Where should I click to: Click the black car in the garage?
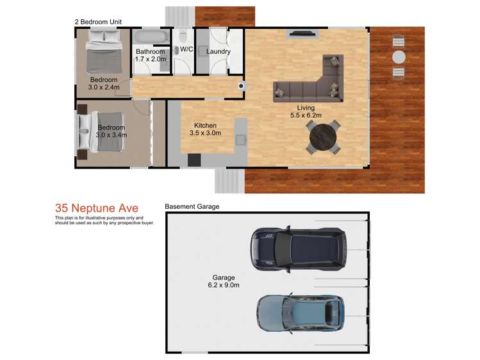pos(299,248)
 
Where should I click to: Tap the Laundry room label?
pos(218,51)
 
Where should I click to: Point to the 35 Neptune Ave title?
pos(96,208)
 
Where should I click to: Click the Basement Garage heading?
pos(192,207)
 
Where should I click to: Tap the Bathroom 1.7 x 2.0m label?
pos(151,55)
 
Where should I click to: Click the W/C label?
pos(186,49)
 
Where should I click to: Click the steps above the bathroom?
pos(180,16)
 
